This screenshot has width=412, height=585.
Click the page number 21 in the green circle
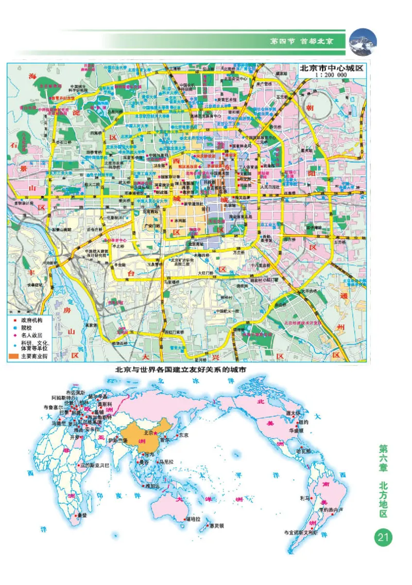point(383,538)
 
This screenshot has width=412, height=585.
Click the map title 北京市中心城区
point(331,67)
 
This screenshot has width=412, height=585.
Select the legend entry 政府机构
point(33,320)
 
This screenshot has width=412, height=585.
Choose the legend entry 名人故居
point(33,334)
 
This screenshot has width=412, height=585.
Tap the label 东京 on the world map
point(183,435)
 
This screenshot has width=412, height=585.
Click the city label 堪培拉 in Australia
point(194,519)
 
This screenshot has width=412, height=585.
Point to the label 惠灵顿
point(216,526)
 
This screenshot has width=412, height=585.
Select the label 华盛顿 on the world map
point(298,429)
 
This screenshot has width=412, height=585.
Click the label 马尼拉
point(169,462)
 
